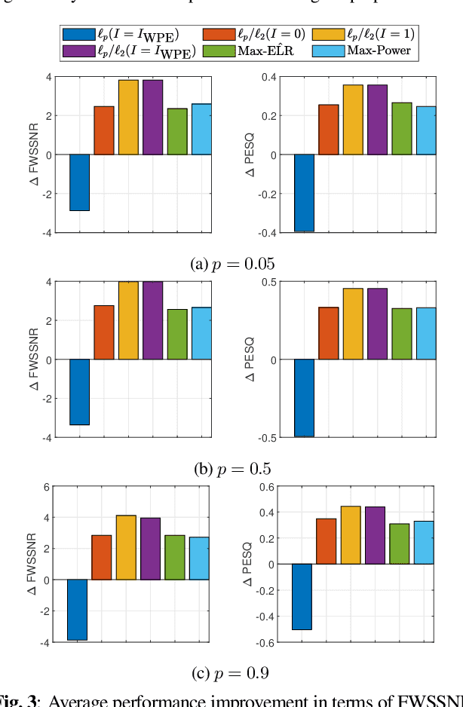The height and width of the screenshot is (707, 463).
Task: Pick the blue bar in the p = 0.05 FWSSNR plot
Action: coord(79,182)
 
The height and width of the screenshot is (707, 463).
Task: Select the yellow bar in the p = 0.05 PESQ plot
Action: coord(353,120)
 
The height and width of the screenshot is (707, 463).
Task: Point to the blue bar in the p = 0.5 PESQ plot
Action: coord(304,398)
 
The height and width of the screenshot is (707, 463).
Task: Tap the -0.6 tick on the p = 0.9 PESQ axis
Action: coord(267,642)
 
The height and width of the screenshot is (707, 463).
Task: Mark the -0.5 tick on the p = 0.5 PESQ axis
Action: coord(267,437)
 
